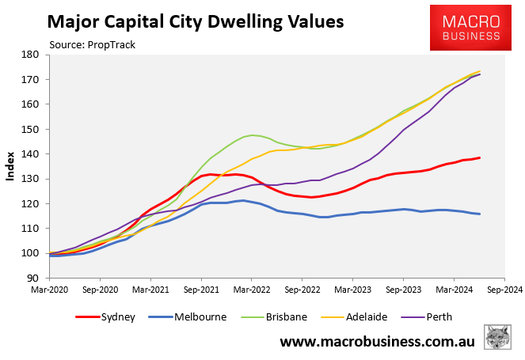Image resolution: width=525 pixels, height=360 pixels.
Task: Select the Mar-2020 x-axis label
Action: tap(50, 290)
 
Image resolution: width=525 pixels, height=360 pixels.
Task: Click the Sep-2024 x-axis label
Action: tap(503, 290)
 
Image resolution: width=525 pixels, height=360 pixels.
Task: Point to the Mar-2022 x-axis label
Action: tap(252, 290)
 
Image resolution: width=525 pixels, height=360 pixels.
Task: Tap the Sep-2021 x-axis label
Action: tap(201, 290)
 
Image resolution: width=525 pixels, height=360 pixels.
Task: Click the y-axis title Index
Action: tap(11, 167)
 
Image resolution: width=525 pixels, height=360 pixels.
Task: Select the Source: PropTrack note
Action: tap(92, 44)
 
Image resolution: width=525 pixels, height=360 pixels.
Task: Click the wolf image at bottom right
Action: tap(496, 338)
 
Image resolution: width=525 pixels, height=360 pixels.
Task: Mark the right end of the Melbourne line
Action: tap(480, 214)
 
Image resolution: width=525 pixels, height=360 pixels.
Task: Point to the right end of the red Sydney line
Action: tap(480, 157)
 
